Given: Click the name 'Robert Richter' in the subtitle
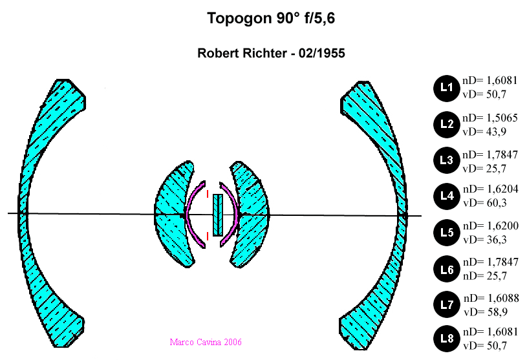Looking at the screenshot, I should tap(240, 54).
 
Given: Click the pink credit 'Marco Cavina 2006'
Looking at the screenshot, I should tap(206, 342).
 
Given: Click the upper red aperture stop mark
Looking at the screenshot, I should tap(207, 193).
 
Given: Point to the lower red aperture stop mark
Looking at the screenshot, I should tap(207, 235).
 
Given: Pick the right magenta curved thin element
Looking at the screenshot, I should tap(235, 215).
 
